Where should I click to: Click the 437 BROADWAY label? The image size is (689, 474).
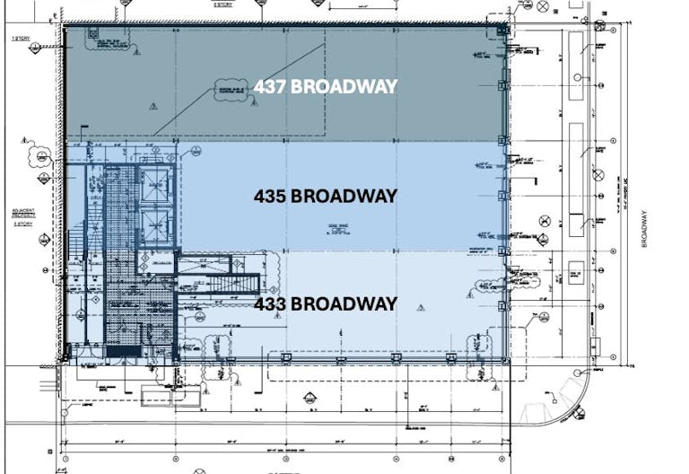click(x=325, y=87)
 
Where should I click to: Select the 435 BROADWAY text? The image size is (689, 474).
click(x=325, y=196)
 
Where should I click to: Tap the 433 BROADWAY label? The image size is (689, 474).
click(x=325, y=304)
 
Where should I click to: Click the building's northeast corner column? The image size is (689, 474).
click(x=503, y=30)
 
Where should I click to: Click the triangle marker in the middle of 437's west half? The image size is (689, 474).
click(x=153, y=105)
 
